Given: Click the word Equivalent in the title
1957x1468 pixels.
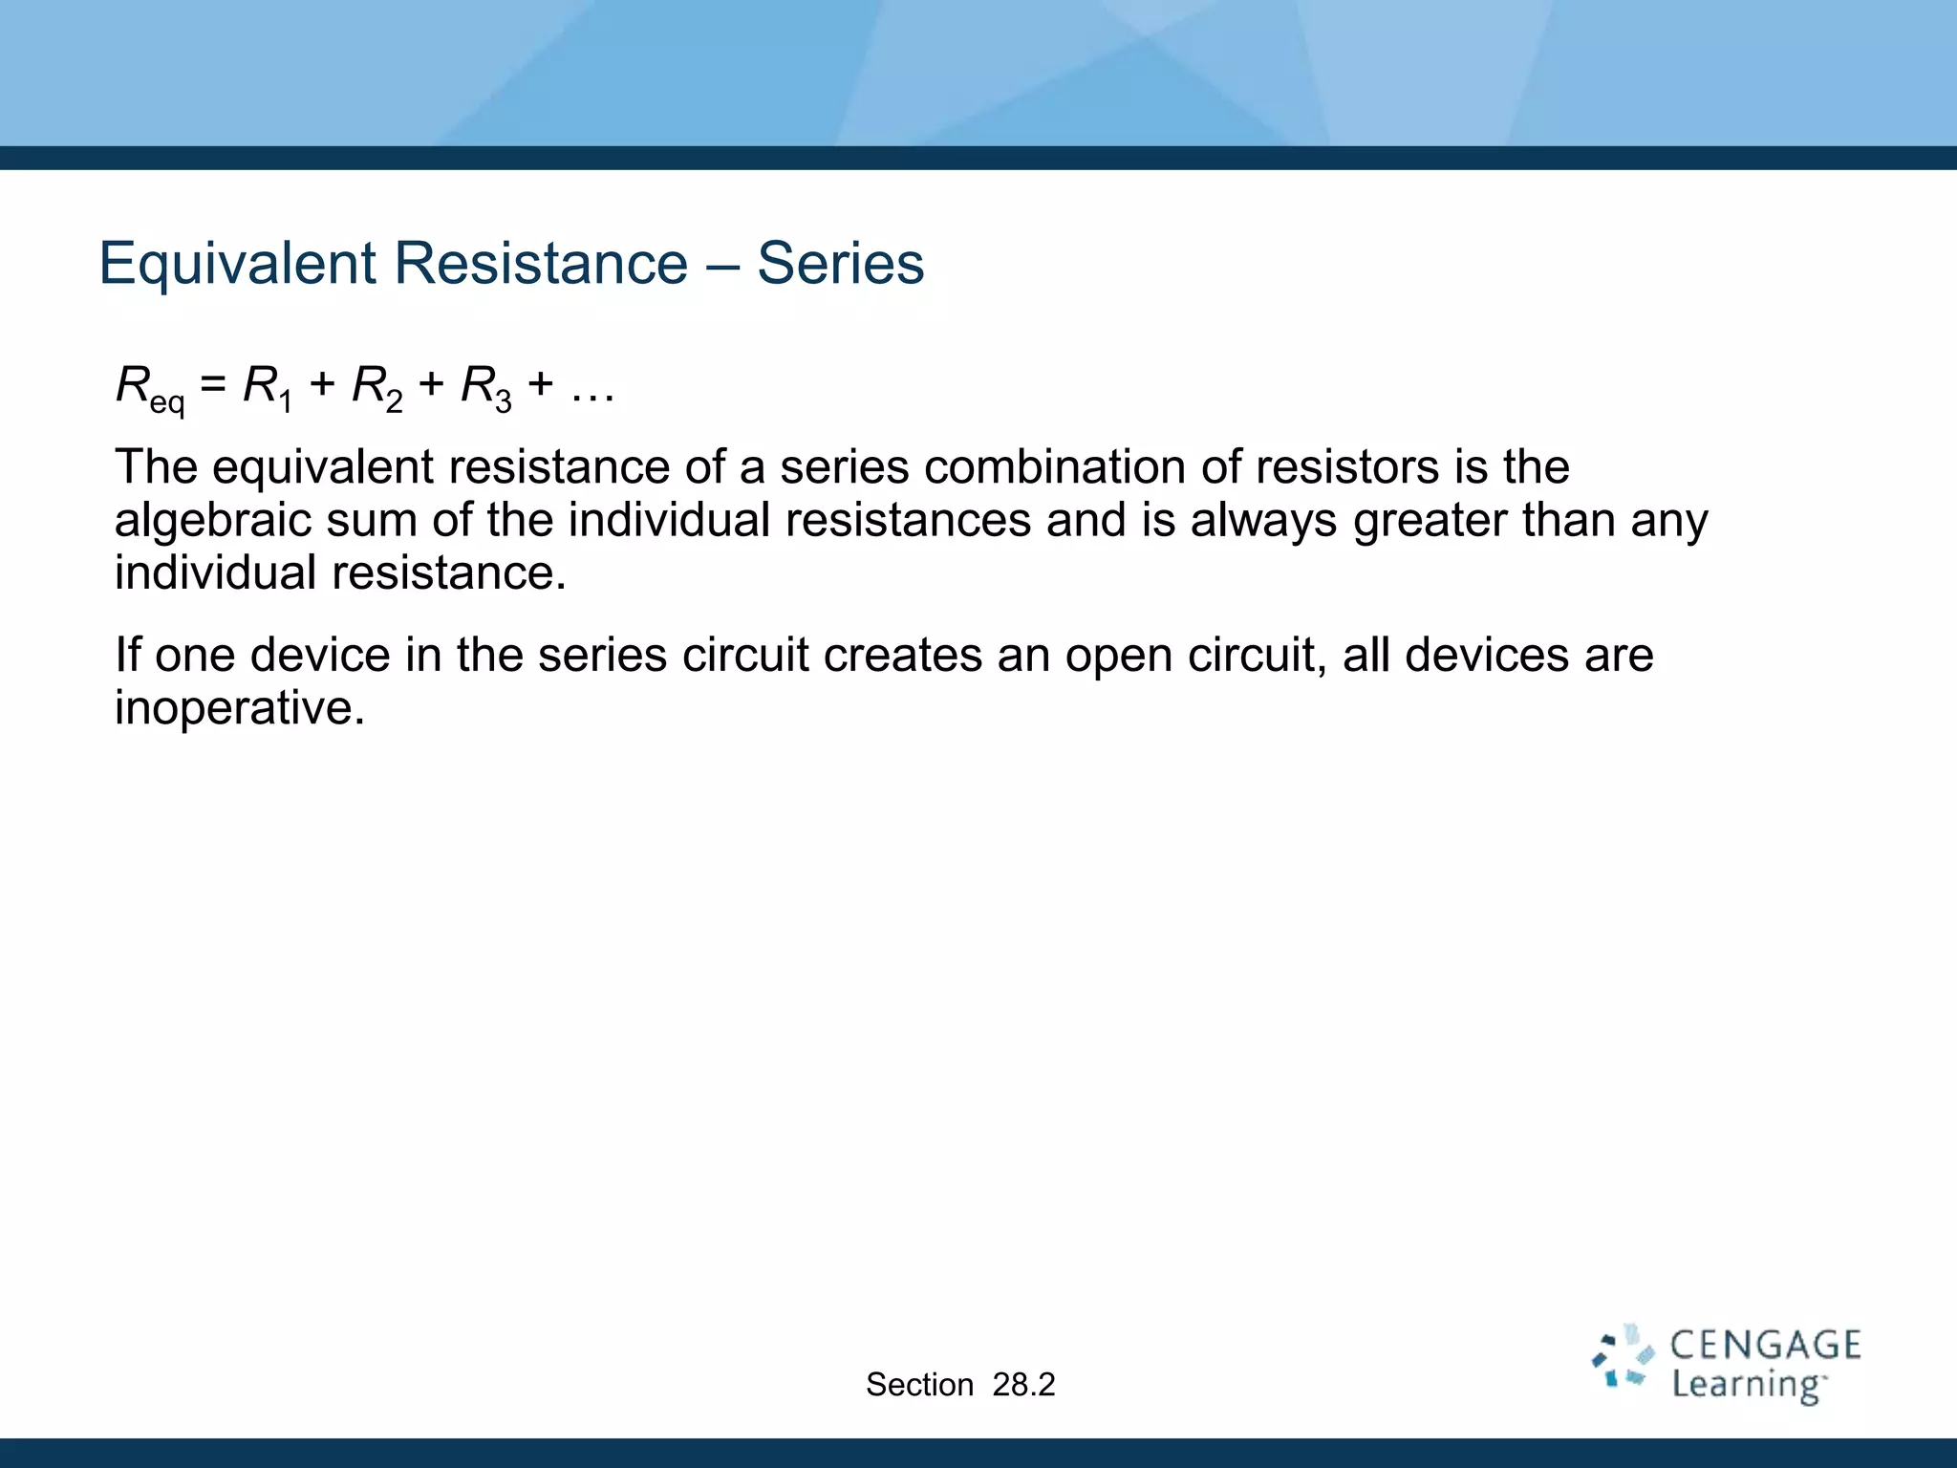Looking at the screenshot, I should pos(238,263).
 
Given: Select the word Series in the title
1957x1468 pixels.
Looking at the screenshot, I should pos(840,263).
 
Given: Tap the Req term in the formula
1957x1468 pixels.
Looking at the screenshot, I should pos(148,388).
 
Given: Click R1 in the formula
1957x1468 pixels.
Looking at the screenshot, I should pos(267,387).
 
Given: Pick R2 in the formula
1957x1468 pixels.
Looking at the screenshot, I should pos(376,387).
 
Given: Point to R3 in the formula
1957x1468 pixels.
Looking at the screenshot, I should pos(485,387).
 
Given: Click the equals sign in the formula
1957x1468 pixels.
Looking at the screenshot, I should pos(214,385).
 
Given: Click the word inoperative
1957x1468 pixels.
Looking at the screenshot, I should pos(239,708).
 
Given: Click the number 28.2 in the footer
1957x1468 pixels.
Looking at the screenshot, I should pos(1023,1385).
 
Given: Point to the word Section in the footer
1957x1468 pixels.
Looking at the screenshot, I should pos(919,1385).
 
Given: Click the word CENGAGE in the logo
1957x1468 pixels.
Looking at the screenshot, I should pos(1764,1346).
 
